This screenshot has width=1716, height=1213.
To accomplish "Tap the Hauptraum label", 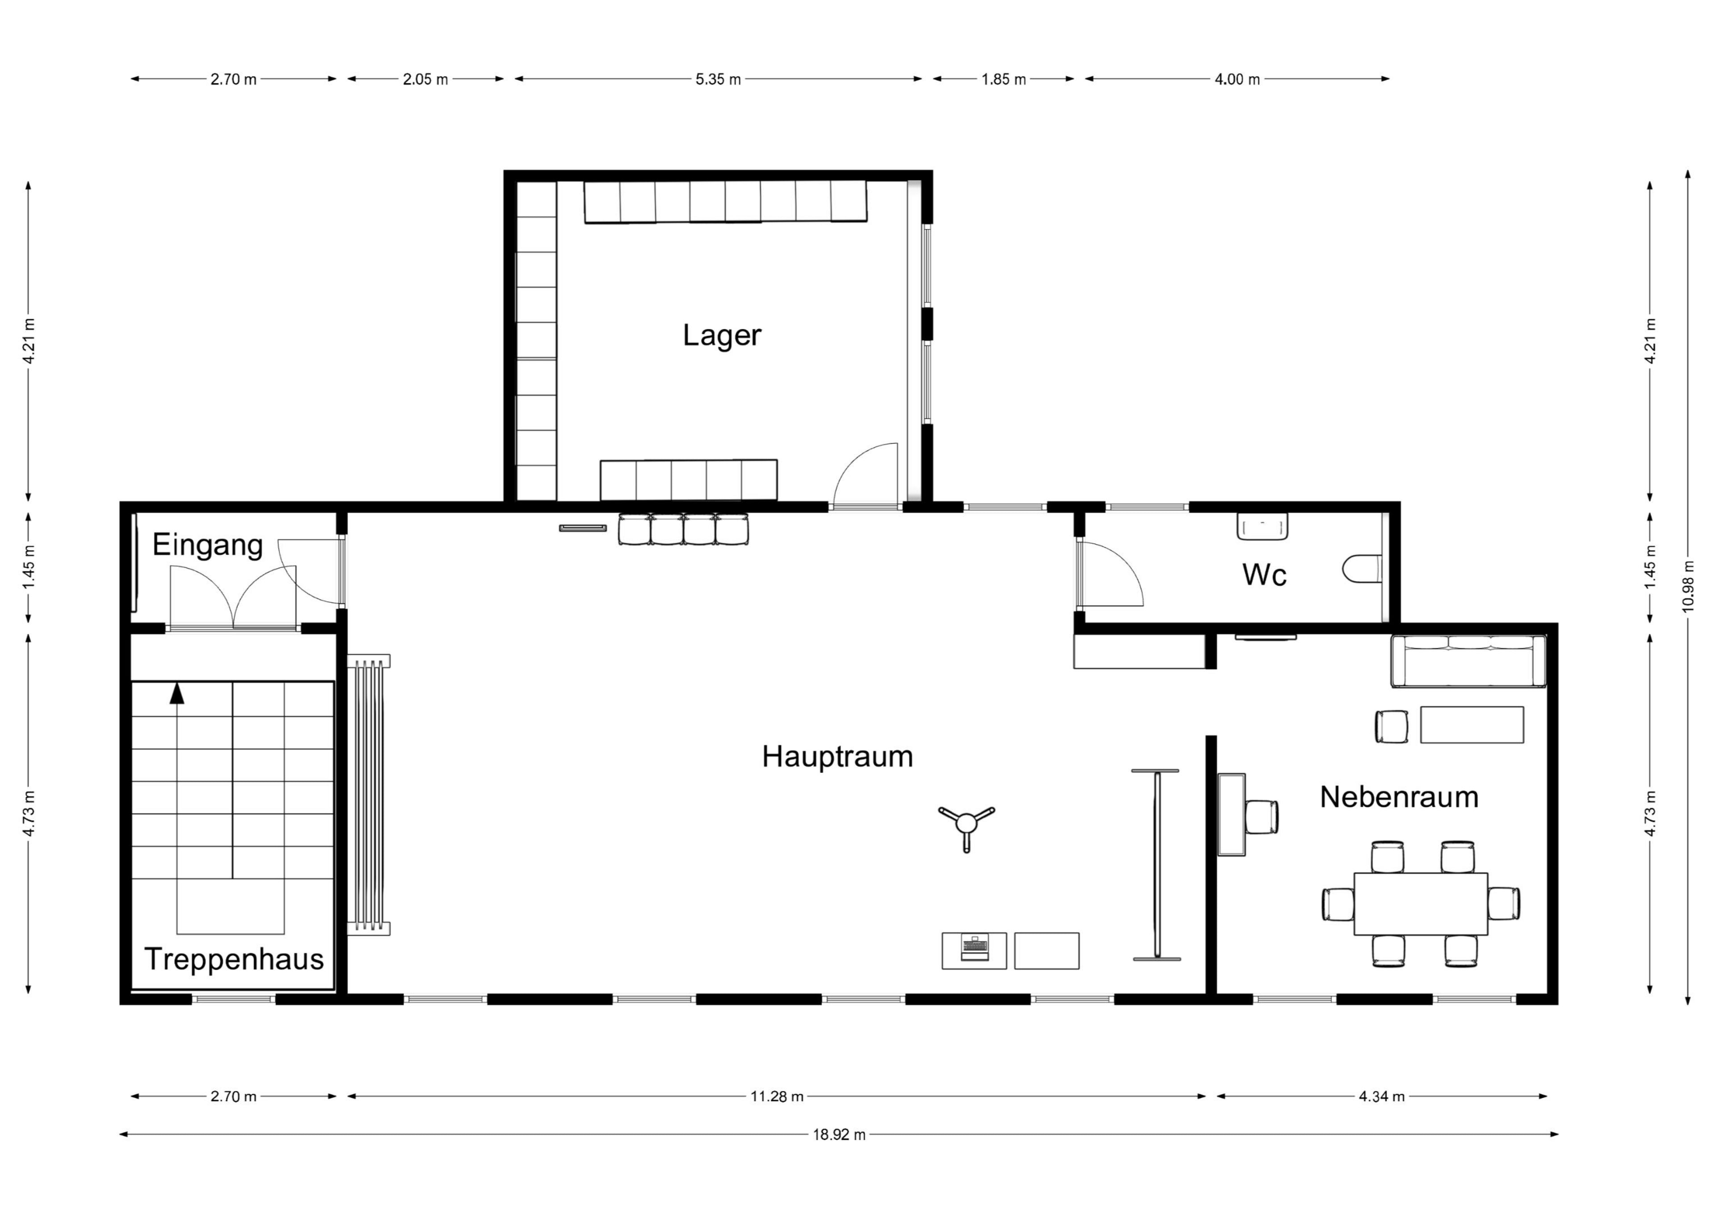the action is click(837, 756).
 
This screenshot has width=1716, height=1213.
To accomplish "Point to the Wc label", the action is click(1265, 575).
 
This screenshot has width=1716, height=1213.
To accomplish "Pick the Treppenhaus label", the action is click(234, 959).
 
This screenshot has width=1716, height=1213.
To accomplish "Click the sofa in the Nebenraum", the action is click(1468, 661).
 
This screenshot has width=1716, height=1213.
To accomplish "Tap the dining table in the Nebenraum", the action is click(1421, 903).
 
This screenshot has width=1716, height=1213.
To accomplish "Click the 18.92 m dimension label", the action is click(839, 1134).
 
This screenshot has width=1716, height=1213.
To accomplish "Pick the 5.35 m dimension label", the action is click(718, 79).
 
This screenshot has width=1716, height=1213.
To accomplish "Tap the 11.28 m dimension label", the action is click(777, 1096).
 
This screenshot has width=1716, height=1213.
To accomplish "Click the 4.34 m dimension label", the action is click(1382, 1096).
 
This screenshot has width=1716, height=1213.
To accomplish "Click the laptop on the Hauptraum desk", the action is click(974, 948).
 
